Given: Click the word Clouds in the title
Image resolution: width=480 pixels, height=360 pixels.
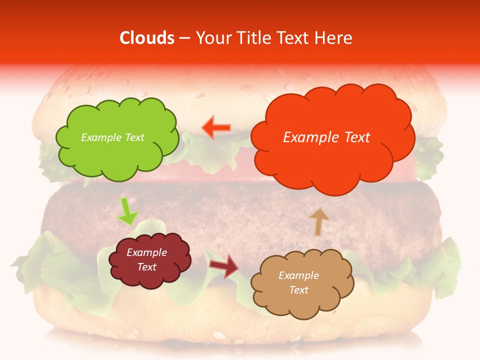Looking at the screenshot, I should tap(147, 38).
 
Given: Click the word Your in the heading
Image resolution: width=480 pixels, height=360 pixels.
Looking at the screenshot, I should tap(213, 38).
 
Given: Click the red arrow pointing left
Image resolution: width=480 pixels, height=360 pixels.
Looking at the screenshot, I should tap(216, 127).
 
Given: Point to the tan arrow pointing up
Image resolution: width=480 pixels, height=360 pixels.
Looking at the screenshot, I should tap(318, 221).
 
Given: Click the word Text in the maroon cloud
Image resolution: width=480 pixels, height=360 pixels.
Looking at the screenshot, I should tap(146, 267).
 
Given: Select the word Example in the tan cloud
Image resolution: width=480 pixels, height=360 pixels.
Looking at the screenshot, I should tap(298, 275).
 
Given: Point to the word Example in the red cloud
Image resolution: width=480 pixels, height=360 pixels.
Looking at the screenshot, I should tap(310, 137).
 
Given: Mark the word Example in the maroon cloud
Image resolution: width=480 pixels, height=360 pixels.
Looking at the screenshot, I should tap(146, 252).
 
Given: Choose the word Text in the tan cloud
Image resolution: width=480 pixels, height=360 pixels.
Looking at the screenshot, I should tap(298, 290).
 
